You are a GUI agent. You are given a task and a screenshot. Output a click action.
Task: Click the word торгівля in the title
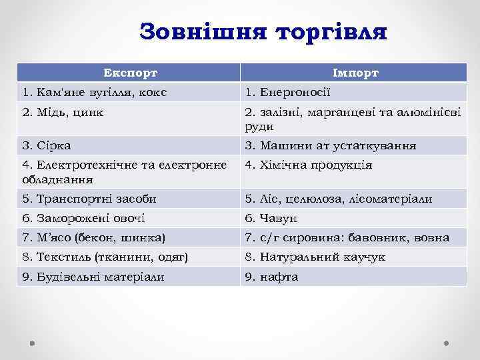331,31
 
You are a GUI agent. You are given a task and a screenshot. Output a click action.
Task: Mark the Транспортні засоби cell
89,199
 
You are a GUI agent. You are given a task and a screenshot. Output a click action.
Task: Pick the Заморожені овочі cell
83,218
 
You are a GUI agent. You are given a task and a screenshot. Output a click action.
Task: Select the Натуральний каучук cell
315,257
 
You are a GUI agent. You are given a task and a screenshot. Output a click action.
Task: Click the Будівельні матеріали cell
93,277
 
